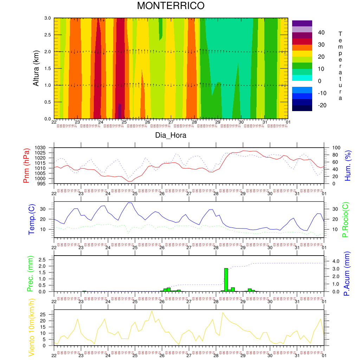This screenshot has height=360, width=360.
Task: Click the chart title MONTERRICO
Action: (x=171, y=6)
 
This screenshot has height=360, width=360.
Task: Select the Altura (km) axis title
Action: (x=36, y=68)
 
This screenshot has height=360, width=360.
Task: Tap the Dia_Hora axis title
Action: (x=171, y=135)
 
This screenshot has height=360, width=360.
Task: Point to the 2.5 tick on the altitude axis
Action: (x=47, y=35)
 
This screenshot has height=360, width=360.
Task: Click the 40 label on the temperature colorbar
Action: (x=321, y=33)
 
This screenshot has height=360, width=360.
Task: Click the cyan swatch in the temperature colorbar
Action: (x=302, y=78)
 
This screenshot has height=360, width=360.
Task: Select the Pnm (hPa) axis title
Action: (x=26, y=166)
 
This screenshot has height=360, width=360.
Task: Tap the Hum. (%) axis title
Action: (x=348, y=166)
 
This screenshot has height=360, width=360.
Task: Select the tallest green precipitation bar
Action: (x=226, y=280)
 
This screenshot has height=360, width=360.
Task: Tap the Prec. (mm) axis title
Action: (x=30, y=274)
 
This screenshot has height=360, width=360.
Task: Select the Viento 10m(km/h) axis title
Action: (x=31, y=328)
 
